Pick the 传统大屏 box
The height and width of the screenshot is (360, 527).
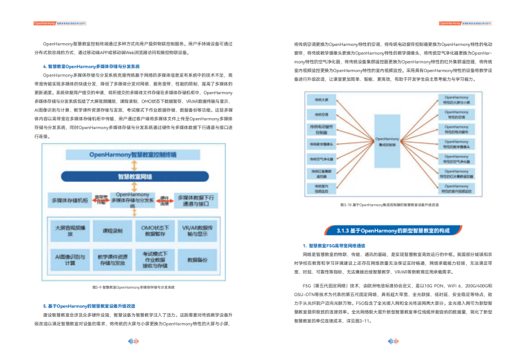321,99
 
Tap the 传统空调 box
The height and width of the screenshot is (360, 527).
321,114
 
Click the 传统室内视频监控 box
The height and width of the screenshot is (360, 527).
321,191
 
